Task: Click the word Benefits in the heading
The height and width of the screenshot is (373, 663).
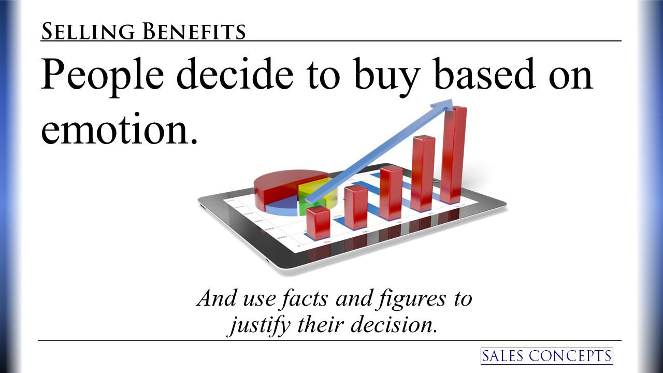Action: click(x=194, y=32)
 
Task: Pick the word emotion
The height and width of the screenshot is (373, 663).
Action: click(x=120, y=129)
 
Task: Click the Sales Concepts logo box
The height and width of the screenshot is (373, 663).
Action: click(x=546, y=356)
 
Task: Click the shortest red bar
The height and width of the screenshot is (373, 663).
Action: click(x=318, y=223)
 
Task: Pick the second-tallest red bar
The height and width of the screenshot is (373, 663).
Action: click(x=423, y=173)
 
